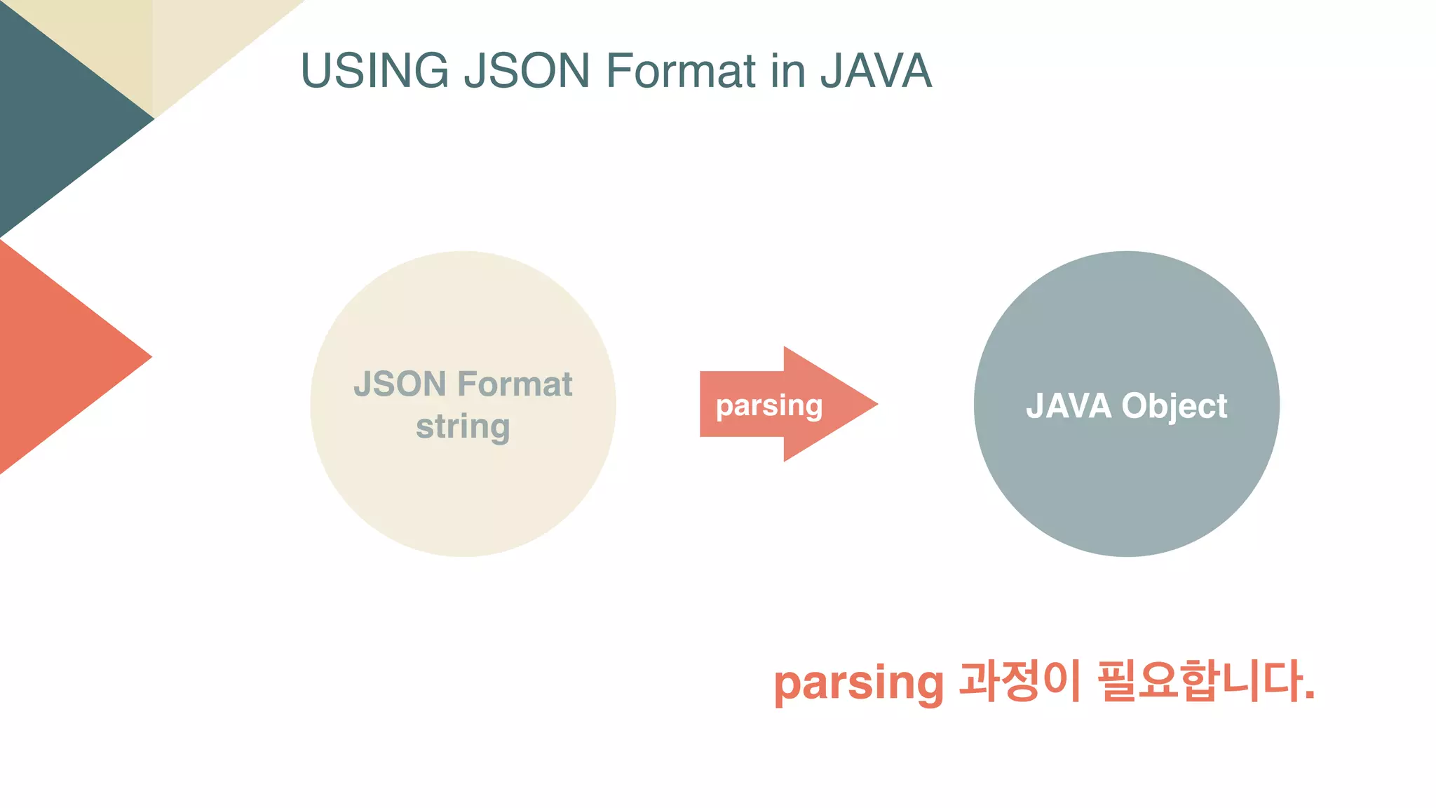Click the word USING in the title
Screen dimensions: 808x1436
click(x=374, y=71)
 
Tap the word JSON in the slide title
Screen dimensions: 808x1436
click(x=527, y=71)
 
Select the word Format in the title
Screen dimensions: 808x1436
click(x=681, y=71)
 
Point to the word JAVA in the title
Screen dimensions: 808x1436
click(x=876, y=71)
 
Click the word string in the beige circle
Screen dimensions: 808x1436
click(x=463, y=426)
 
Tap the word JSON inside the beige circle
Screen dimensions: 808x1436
click(x=400, y=384)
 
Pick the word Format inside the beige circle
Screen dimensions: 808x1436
click(x=515, y=384)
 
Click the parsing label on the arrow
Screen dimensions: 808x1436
click(x=769, y=405)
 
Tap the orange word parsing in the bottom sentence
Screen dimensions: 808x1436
click(x=858, y=682)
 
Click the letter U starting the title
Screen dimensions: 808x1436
click(x=316, y=71)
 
